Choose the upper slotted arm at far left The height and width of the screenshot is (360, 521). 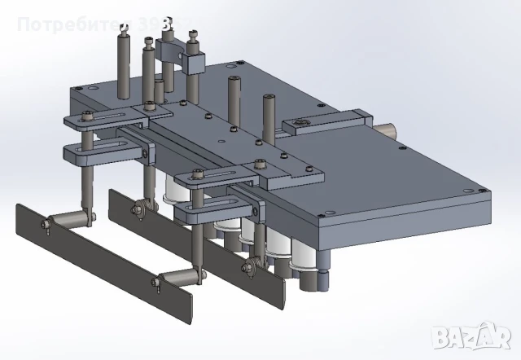106,121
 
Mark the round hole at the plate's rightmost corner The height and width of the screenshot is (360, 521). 485,192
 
